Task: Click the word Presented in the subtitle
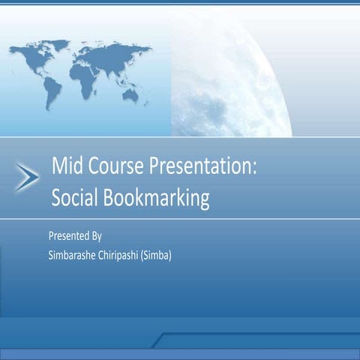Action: [68, 235]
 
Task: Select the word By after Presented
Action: [97, 235]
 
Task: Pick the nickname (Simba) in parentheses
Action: [163, 255]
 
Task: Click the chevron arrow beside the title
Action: [26, 178]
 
